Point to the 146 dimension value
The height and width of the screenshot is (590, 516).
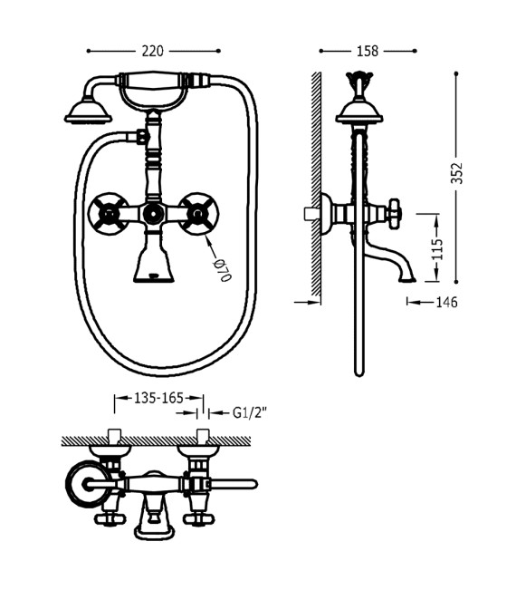[x=446, y=302]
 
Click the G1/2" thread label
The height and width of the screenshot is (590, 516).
[x=249, y=412]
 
